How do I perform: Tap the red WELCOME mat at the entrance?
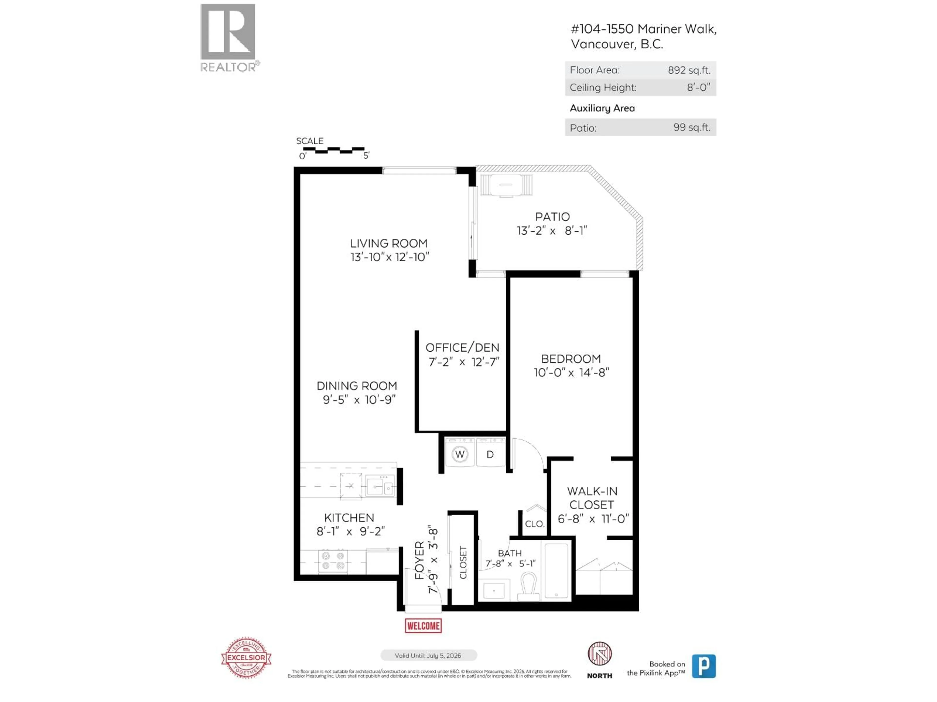coord(423,625)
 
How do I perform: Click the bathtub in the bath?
coord(556,570)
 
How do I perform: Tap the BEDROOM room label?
coord(570,359)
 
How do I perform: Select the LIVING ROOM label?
coord(388,243)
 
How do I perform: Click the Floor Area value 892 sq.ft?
coord(689,70)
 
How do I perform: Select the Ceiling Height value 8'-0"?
coord(698,88)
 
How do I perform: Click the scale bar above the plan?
coord(333,150)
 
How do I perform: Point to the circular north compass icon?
coord(599,654)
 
